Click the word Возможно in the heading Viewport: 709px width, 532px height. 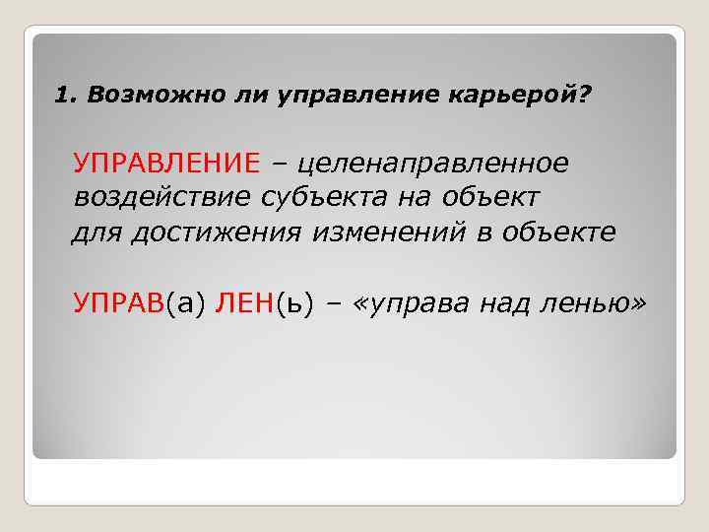click(135, 96)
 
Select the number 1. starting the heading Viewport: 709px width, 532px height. click(65, 96)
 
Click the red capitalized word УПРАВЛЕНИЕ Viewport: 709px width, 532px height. click(166, 161)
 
